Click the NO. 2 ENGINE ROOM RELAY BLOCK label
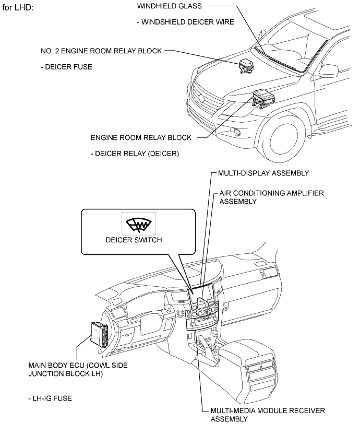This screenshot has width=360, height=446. [101, 51]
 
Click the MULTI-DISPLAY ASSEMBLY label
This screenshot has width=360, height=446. [262, 173]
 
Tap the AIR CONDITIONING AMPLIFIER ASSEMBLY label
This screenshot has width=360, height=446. [271, 197]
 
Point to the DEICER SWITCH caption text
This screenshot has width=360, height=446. [138, 240]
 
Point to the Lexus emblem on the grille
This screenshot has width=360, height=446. [200, 98]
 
